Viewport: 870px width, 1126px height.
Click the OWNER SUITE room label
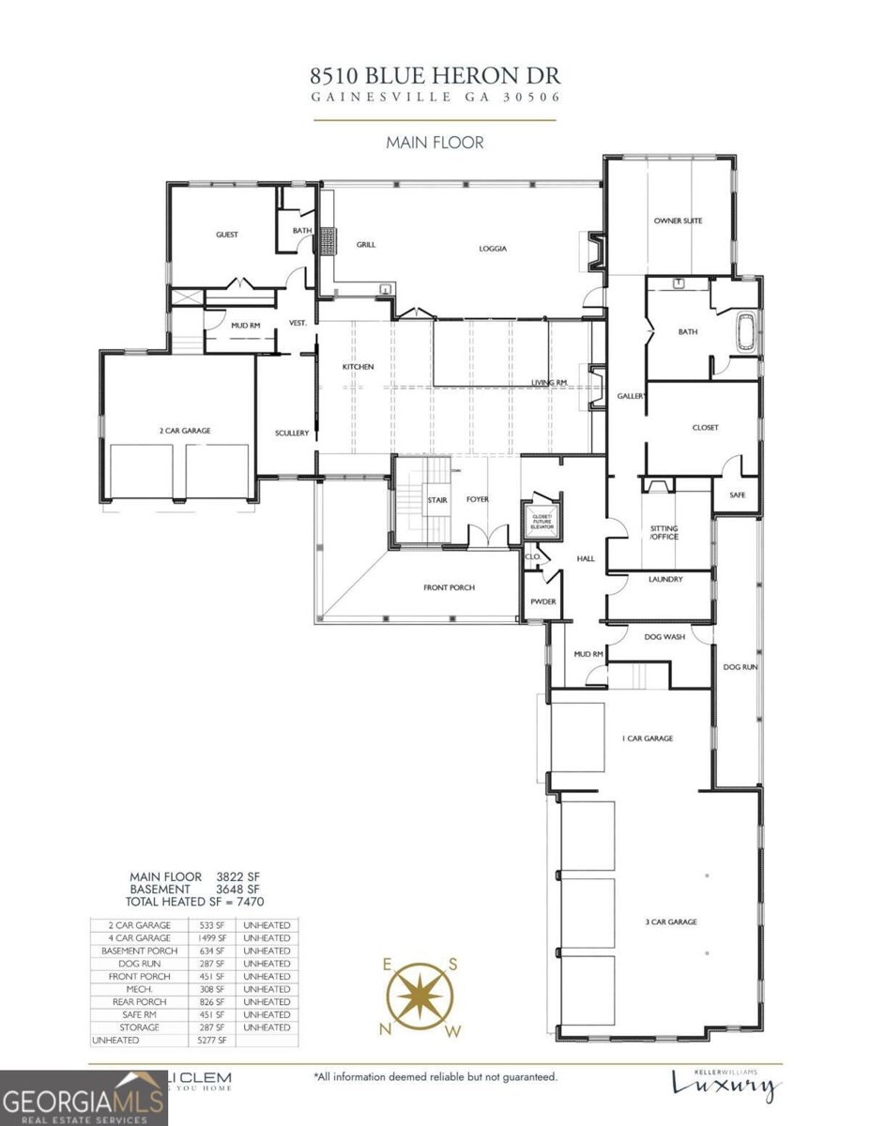pyautogui.click(x=678, y=221)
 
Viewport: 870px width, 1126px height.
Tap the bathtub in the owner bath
pyautogui.click(x=746, y=334)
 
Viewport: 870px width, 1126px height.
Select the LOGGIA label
pyautogui.click(x=493, y=249)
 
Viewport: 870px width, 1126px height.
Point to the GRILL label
pyautogui.click(x=366, y=245)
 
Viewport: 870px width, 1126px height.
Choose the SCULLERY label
pyautogui.click(x=292, y=433)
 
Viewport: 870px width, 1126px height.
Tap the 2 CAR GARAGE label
pyautogui.click(x=185, y=431)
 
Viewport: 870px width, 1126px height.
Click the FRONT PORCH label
pyautogui.click(x=449, y=587)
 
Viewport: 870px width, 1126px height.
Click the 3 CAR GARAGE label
pyautogui.click(x=670, y=922)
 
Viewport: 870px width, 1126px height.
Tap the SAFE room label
pyautogui.click(x=737, y=495)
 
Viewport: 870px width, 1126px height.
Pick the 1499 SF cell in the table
pyautogui.click(x=213, y=938)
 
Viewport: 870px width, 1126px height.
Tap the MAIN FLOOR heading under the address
pyautogui.click(x=435, y=144)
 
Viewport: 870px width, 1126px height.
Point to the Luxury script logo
pyautogui.click(x=725, y=1086)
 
